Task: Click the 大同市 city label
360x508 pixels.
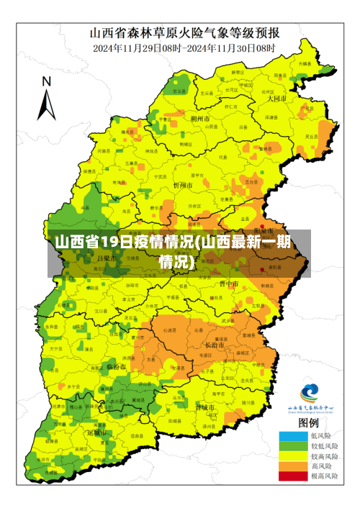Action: coord(276,99)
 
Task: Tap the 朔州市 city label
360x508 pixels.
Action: coord(199,118)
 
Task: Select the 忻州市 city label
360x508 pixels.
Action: coord(183,186)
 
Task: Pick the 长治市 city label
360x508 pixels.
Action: coord(215,345)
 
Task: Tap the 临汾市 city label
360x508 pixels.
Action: coord(116,366)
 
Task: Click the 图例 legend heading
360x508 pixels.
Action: coord(309,422)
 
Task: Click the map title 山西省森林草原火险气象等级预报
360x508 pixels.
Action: coord(184,33)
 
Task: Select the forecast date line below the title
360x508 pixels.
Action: coord(184,47)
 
